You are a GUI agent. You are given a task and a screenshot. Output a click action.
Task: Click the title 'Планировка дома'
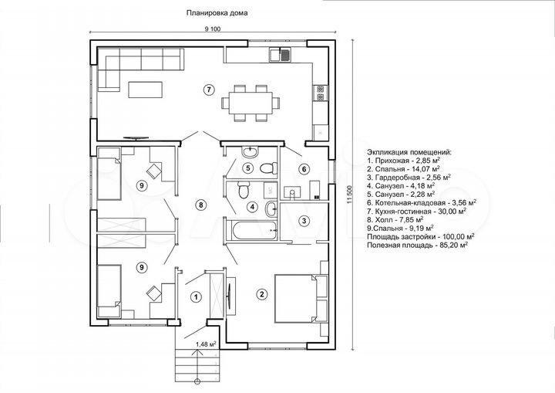tap(217, 13)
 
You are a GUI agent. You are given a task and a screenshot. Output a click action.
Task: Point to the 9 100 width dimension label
tap(213, 29)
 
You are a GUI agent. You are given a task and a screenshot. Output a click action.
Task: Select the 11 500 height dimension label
tap(351, 195)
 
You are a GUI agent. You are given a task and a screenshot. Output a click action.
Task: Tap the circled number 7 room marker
tap(209, 90)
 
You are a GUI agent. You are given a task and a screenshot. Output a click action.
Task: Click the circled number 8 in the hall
tap(200, 205)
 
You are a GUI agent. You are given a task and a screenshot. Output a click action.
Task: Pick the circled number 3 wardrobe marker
tap(304, 221)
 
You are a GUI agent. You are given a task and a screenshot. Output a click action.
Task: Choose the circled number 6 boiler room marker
tap(304, 169)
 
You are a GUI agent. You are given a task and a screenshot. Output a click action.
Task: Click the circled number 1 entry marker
tap(196, 296)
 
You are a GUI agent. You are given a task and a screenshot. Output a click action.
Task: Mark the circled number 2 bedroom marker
tap(262, 293)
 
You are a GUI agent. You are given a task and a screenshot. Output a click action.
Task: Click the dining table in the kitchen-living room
tap(251, 103)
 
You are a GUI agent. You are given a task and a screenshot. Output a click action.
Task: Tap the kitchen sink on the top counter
tap(281, 55)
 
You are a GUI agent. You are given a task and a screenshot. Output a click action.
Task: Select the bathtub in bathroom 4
tap(251, 231)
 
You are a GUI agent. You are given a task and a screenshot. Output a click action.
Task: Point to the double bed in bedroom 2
tap(297, 297)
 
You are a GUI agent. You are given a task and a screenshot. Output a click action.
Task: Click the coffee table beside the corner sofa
tap(146, 90)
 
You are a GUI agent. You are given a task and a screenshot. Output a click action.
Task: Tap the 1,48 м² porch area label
tap(206, 344)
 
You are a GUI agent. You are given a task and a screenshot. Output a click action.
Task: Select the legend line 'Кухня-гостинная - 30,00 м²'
tap(416, 212)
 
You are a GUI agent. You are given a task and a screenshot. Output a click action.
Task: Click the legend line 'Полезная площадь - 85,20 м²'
tap(418, 245)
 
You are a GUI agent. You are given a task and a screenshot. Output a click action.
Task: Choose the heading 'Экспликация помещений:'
tap(409, 152)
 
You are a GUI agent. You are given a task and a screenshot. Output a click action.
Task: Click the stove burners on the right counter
tap(321, 93)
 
